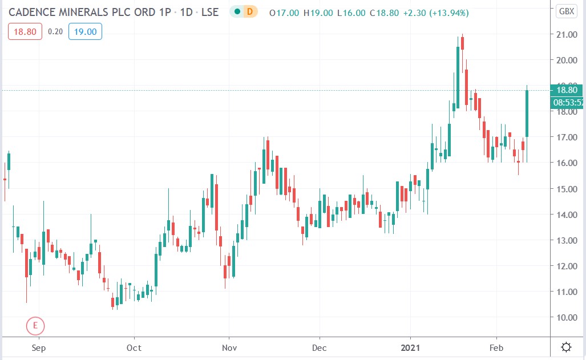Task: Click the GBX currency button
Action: [567, 11]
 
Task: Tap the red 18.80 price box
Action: [25, 32]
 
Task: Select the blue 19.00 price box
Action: [85, 32]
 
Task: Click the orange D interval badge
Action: [249, 11]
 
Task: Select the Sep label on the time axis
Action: [38, 347]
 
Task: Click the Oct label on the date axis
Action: [134, 347]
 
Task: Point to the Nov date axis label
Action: [229, 347]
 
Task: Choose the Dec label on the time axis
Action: [320, 347]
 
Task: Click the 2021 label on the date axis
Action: [410, 347]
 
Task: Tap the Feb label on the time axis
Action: [496, 347]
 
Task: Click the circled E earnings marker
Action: [35, 326]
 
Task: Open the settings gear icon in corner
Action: [567, 347]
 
